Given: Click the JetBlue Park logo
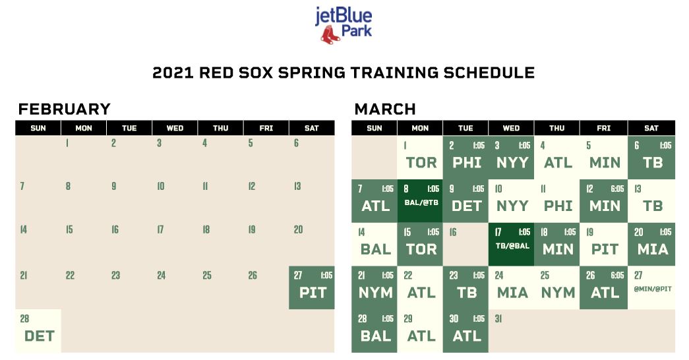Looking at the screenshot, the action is tap(344, 25).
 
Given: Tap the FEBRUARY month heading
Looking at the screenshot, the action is tap(64, 109).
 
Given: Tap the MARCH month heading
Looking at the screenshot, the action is tap(385, 109).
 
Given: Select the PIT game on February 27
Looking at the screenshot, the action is tap(312, 287).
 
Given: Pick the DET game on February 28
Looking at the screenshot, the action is tap(38, 331).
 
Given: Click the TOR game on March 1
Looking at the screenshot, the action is tap(420, 158).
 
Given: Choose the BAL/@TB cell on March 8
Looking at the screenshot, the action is tap(420, 201).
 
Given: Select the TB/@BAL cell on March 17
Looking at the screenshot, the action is tap(512, 244).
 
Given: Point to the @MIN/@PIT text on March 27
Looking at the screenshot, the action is tap(653, 289).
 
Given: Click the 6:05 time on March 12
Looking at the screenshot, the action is tap(617, 189).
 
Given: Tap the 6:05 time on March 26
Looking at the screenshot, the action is tap(617, 275).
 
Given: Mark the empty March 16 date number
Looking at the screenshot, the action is tap(453, 232).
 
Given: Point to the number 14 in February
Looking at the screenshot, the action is tap(24, 229).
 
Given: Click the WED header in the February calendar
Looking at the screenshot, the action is tap(175, 129).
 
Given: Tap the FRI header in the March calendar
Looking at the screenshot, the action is tap(603, 129).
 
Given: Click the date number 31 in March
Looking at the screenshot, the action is tap(498, 318).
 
